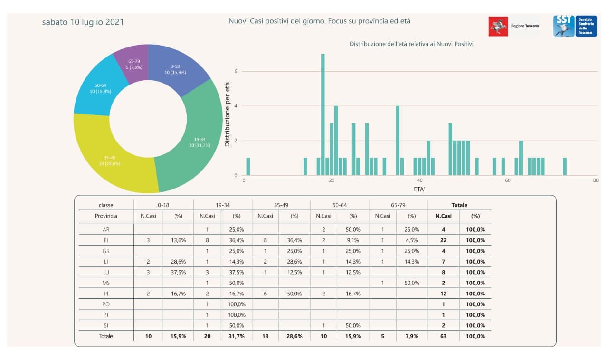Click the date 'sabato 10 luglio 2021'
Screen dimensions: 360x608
83,22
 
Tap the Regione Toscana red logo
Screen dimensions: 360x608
498,26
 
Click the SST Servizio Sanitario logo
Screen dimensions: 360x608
575,26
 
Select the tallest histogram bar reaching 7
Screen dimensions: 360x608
323,114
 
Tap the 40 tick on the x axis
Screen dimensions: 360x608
420,181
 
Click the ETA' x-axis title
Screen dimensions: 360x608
420,189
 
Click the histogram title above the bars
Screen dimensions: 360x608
411,44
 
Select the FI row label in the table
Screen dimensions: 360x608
106,240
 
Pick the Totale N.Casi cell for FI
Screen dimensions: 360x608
443,240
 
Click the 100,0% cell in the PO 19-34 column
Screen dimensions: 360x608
237,304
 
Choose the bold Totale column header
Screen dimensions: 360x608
459,205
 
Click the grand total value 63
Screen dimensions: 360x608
443,336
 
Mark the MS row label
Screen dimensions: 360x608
106,283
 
